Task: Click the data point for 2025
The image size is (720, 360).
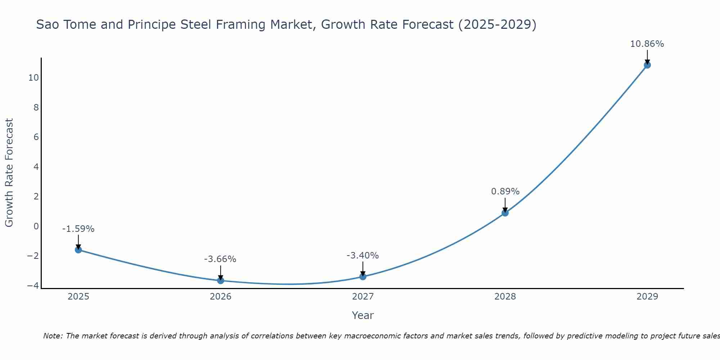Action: [x=78, y=250]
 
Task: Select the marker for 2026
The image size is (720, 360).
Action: [x=221, y=280]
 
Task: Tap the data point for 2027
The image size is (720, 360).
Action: [x=363, y=276]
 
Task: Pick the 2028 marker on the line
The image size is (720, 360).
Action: [x=505, y=213]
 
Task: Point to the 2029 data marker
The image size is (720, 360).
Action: [x=647, y=65]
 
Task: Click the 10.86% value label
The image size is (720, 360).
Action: [x=647, y=44]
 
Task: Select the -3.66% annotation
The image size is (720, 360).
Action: [x=220, y=259]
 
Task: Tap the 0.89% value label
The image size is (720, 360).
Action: [x=505, y=192]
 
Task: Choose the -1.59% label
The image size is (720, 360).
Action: [x=78, y=229]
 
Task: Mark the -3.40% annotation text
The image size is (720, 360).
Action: [x=363, y=256]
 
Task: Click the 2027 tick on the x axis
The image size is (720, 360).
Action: [x=363, y=297]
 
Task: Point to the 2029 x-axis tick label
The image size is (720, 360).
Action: [x=647, y=297]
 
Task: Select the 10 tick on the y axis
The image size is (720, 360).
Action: [x=33, y=78]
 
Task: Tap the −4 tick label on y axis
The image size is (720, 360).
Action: [x=33, y=285]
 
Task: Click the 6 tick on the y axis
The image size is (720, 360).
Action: [x=36, y=137]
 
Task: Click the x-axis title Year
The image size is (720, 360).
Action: [x=363, y=315]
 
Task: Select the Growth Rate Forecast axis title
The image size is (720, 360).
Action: [x=9, y=173]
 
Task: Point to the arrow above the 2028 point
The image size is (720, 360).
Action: [x=505, y=204]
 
